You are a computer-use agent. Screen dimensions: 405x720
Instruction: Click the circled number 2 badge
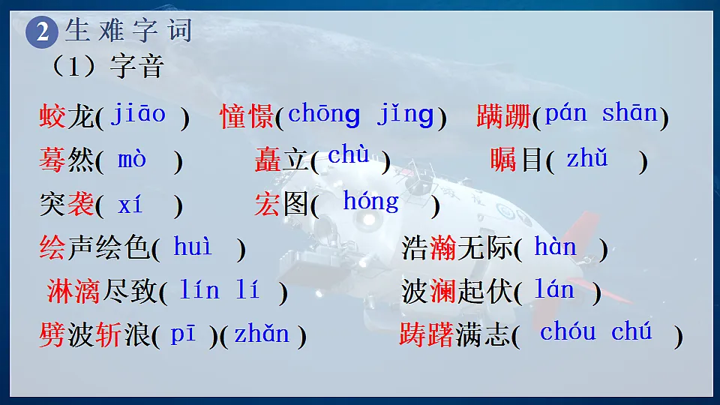click(42, 32)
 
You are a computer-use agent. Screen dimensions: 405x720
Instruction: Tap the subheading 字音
click(136, 67)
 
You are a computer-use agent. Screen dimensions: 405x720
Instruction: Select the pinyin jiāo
click(138, 114)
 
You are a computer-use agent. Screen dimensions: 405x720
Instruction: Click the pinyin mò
click(132, 159)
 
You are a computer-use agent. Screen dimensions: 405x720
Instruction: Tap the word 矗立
click(282, 160)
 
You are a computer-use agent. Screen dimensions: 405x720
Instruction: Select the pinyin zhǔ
click(586, 159)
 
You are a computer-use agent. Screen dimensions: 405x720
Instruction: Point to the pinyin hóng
click(370, 201)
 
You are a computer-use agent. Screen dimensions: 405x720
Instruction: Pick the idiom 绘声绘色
click(94, 247)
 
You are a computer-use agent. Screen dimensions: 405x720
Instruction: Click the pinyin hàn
click(555, 247)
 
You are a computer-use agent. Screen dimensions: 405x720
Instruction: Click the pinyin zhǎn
click(261, 334)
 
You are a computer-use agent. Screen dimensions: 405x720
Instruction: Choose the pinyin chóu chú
click(595, 332)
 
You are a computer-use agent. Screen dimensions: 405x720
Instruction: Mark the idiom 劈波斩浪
click(94, 335)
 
